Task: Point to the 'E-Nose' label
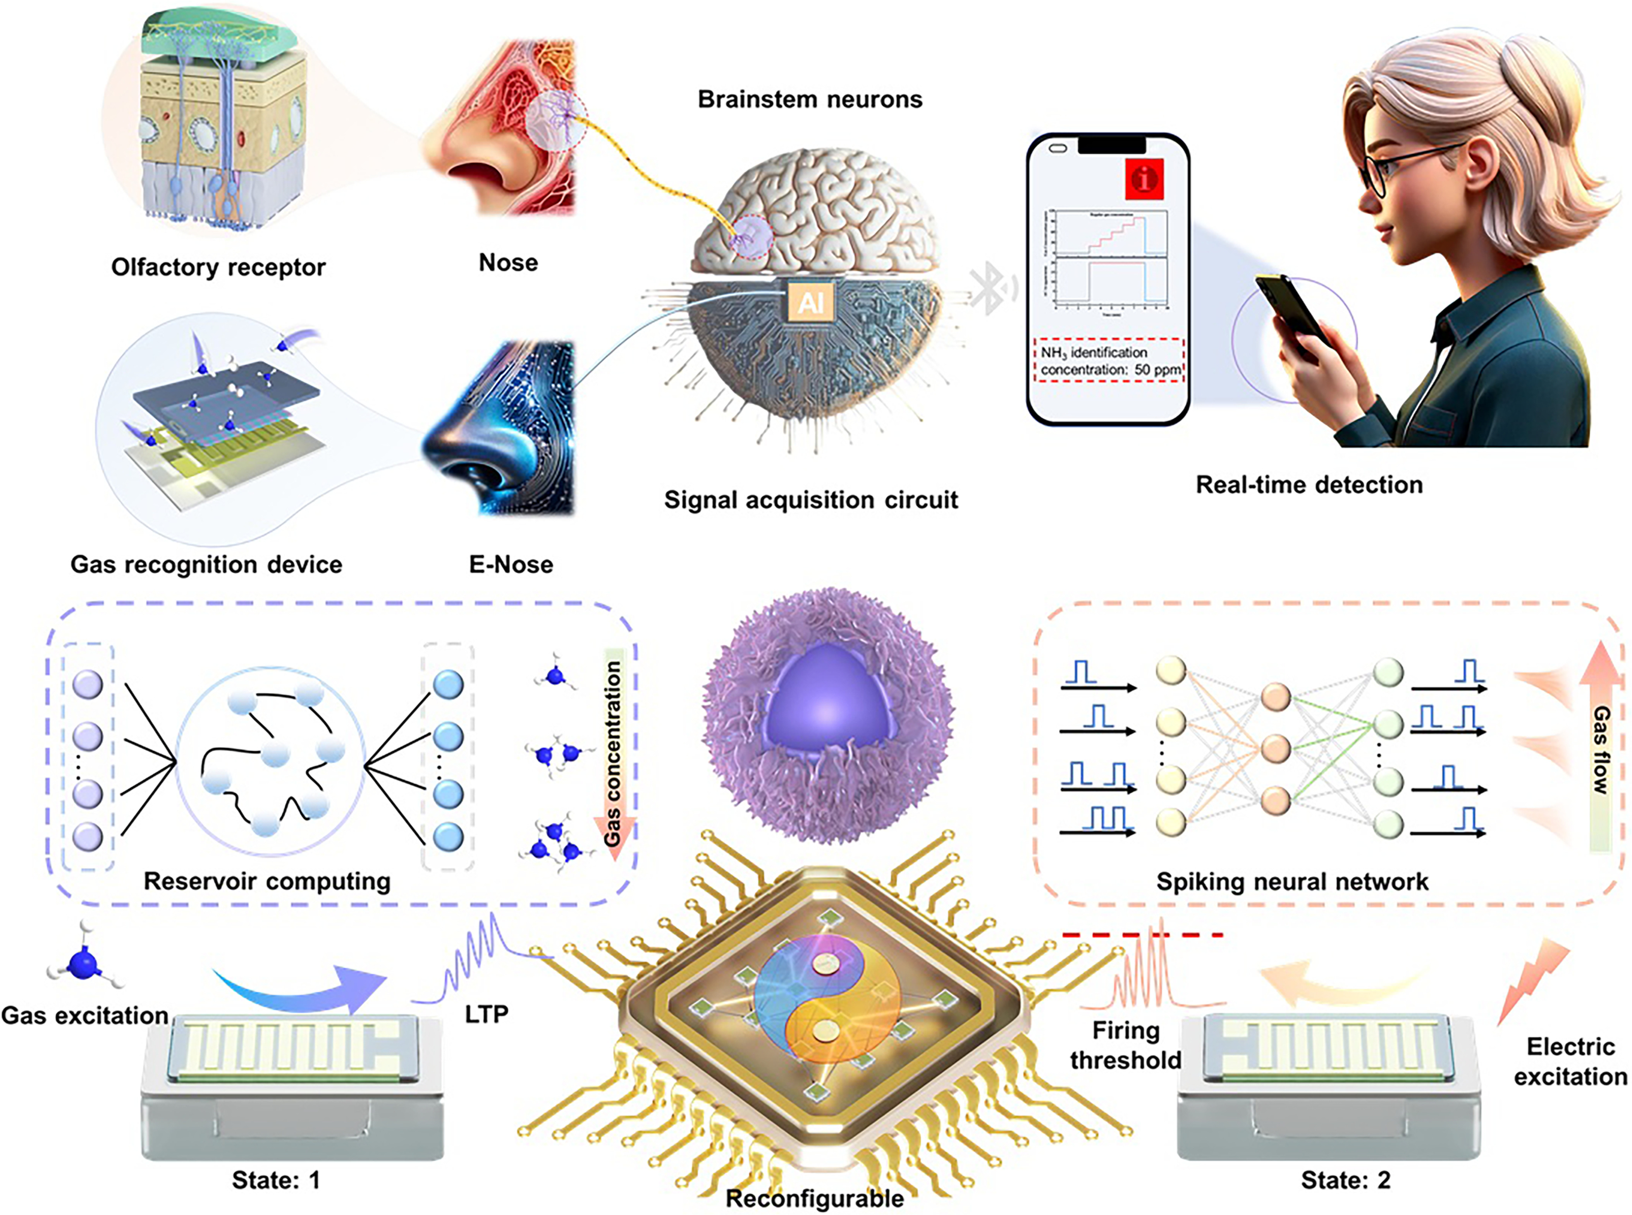click(x=511, y=565)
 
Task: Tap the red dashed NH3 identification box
click(x=1110, y=360)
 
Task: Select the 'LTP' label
click(x=486, y=1014)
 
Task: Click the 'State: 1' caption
click(x=276, y=1181)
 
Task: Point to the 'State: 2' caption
click(x=1345, y=1181)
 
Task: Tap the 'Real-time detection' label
click(x=1309, y=485)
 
